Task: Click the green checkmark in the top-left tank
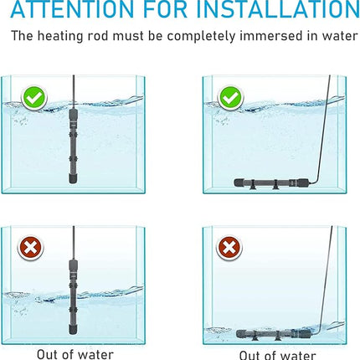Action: [x=34, y=98]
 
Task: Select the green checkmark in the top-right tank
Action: [x=230, y=98]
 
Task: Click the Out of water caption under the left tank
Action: [x=75, y=354]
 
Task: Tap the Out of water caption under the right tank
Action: [x=277, y=355]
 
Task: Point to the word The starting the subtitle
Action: [x=22, y=37]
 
